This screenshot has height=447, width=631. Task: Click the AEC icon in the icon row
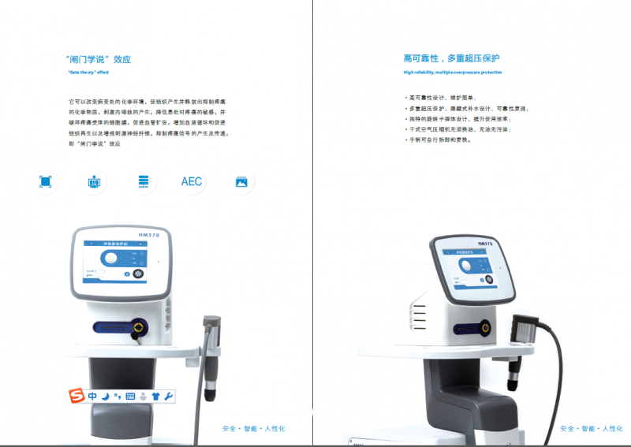(x=191, y=181)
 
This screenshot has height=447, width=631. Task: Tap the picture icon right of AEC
(x=241, y=181)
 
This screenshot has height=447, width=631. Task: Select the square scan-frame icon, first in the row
(x=45, y=181)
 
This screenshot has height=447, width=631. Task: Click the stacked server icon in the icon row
(x=143, y=181)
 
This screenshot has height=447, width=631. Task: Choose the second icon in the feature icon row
(x=94, y=181)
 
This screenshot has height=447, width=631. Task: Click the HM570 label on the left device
(x=147, y=236)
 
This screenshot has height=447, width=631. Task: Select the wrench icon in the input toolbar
(x=169, y=396)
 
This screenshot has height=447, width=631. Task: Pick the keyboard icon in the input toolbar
(x=130, y=396)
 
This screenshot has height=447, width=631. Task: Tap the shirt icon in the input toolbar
(x=156, y=396)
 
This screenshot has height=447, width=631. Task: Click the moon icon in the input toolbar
(x=105, y=396)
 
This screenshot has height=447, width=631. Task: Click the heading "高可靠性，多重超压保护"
(x=451, y=58)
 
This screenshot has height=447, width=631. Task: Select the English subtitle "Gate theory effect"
(x=87, y=72)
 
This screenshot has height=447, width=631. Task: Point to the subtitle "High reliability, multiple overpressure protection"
(x=452, y=72)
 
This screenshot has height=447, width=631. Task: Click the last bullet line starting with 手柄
(x=439, y=140)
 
